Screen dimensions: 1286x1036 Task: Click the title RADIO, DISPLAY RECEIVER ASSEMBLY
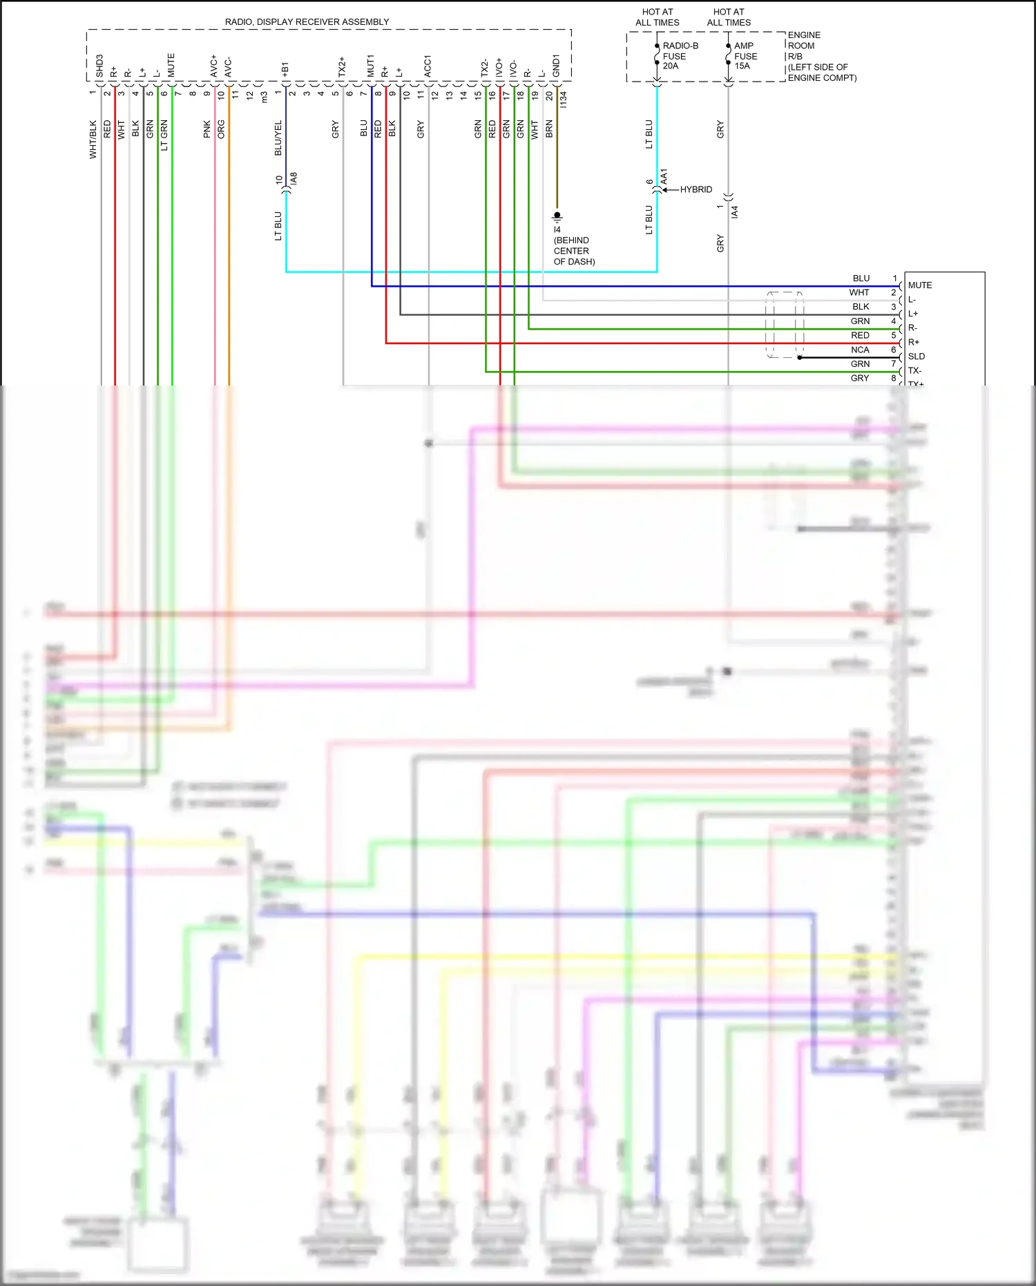pyautogui.click(x=307, y=22)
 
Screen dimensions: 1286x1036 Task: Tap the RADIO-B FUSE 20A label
pyautogui.click(x=680, y=56)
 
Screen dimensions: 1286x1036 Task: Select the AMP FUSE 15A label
pyautogui.click(x=745, y=56)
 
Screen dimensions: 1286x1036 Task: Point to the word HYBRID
pyautogui.click(x=696, y=189)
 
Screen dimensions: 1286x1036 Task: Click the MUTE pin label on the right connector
pyautogui.click(x=919, y=285)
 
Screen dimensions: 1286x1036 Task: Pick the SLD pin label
pyautogui.click(x=916, y=357)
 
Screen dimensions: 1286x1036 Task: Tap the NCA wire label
pyautogui.click(x=860, y=350)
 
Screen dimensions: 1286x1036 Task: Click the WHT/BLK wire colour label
pyautogui.click(x=93, y=140)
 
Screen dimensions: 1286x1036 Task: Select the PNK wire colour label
pyautogui.click(x=207, y=129)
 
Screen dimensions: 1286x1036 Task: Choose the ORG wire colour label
pyautogui.click(x=221, y=129)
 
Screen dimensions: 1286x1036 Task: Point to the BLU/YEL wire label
pyautogui.click(x=278, y=138)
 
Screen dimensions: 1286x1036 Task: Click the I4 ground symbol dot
pyautogui.click(x=557, y=216)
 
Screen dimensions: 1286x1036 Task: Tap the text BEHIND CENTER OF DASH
pyautogui.click(x=573, y=251)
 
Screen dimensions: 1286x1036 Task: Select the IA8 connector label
pyautogui.click(x=294, y=178)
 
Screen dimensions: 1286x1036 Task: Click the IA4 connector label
pyautogui.click(x=735, y=211)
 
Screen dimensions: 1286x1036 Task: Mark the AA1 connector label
pyautogui.click(x=664, y=177)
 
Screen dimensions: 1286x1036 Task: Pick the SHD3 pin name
pyautogui.click(x=99, y=66)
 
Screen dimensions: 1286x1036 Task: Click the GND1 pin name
pyautogui.click(x=556, y=66)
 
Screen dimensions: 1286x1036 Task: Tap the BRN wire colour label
pyautogui.click(x=550, y=129)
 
